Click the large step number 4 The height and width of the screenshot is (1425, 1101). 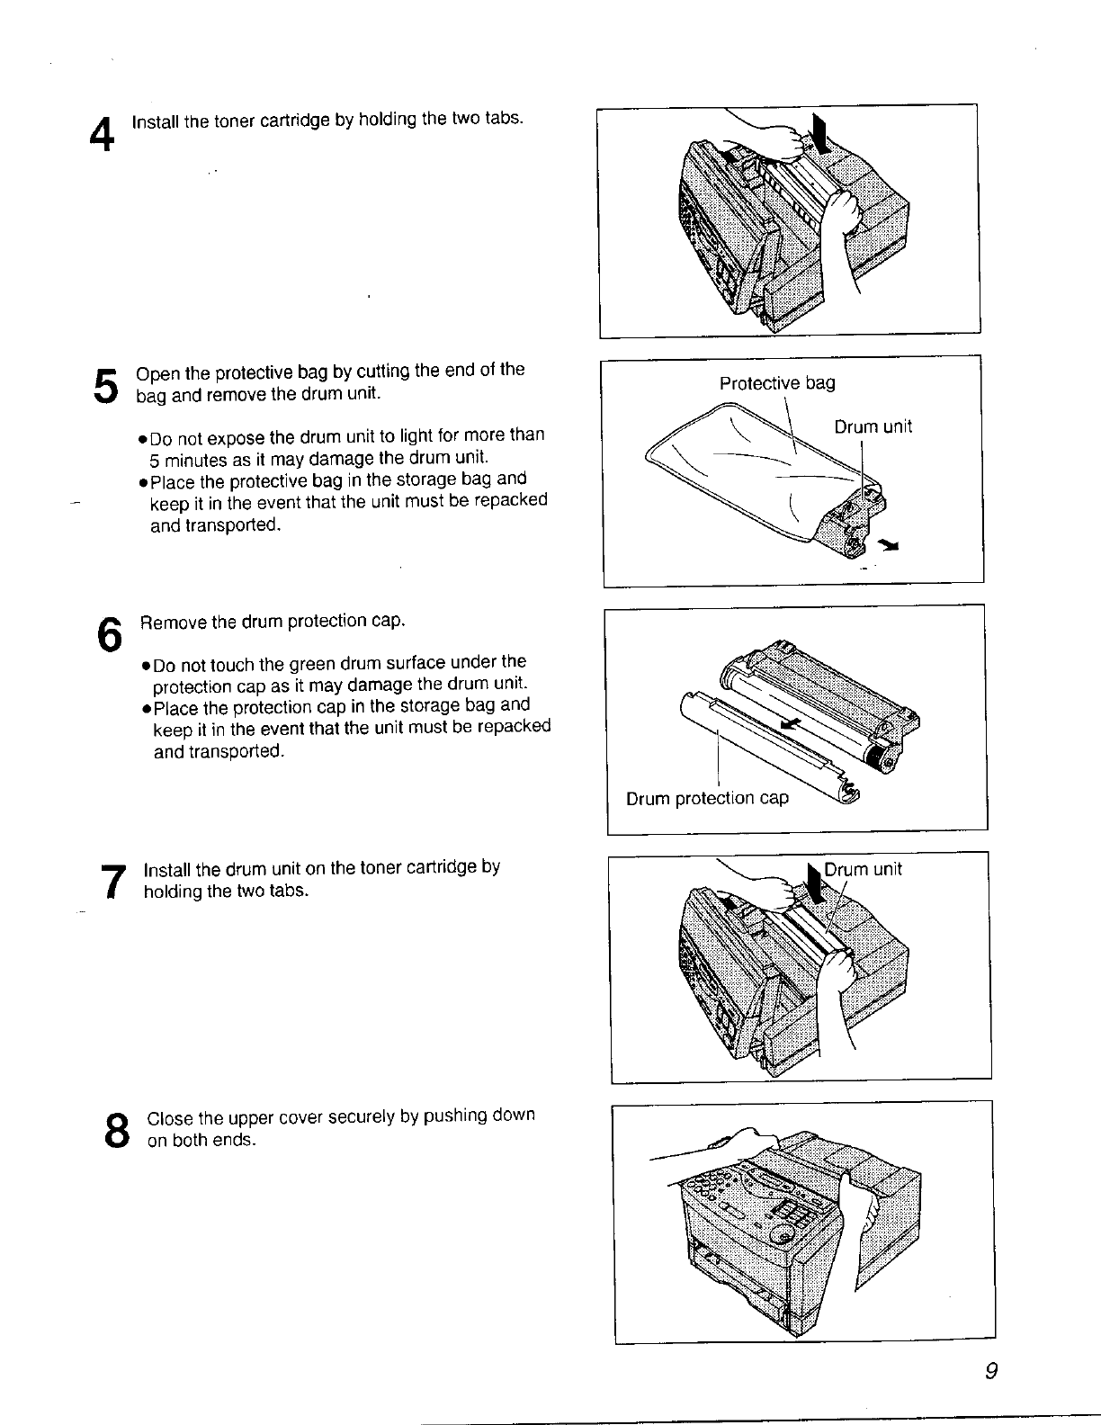point(103,137)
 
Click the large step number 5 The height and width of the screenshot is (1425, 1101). point(106,386)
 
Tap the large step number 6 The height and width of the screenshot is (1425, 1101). point(109,635)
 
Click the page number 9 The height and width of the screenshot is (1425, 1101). point(991,1372)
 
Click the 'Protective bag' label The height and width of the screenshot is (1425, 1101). point(777,384)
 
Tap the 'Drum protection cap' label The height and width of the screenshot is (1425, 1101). point(707,799)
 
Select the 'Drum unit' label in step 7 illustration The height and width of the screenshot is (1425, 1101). point(863,870)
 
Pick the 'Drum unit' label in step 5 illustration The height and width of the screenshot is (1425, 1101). point(873,427)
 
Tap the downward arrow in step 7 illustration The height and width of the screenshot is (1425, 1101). point(816,886)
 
